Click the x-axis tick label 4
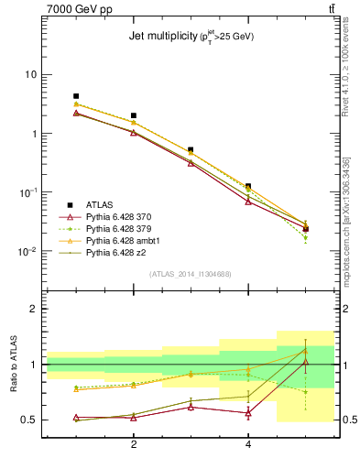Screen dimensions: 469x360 pos(248,444)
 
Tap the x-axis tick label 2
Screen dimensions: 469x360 pos(134,444)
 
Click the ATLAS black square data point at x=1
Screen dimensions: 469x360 pos(76,96)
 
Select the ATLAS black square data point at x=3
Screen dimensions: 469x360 pos(191,149)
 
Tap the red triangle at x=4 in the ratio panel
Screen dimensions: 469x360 pos(248,413)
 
